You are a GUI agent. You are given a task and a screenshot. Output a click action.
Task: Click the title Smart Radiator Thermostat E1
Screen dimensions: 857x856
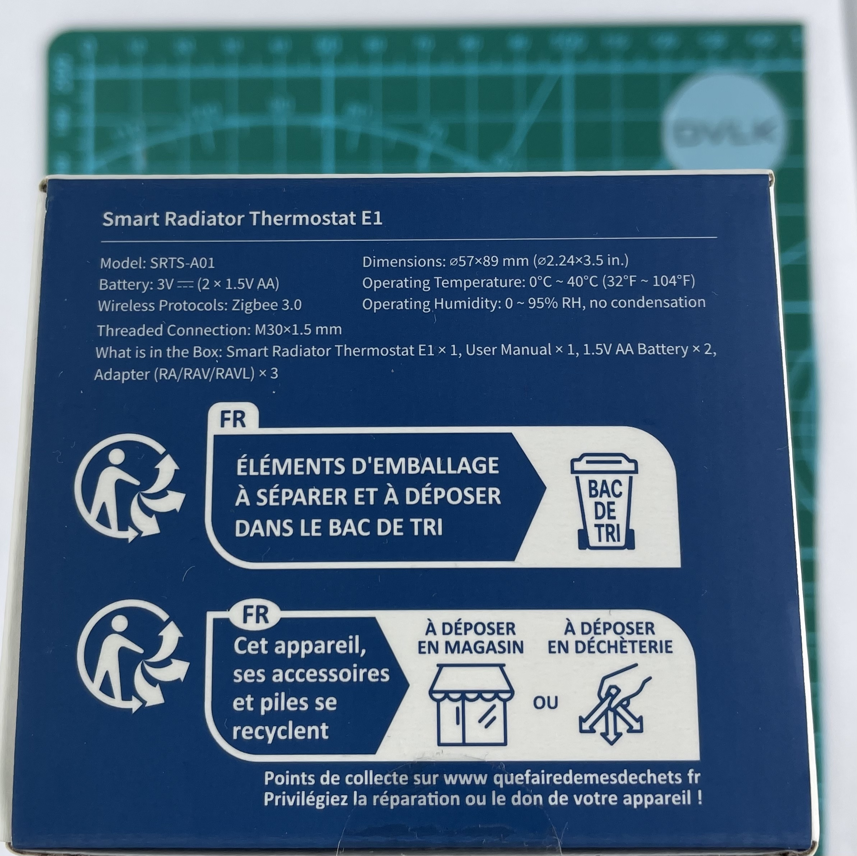pos(242,219)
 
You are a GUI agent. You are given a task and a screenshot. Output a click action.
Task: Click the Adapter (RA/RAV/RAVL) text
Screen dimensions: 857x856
pos(174,374)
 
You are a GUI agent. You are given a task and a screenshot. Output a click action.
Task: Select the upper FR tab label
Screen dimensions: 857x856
pos(233,419)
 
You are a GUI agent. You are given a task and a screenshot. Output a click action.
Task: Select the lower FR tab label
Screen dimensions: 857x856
pos(256,616)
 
